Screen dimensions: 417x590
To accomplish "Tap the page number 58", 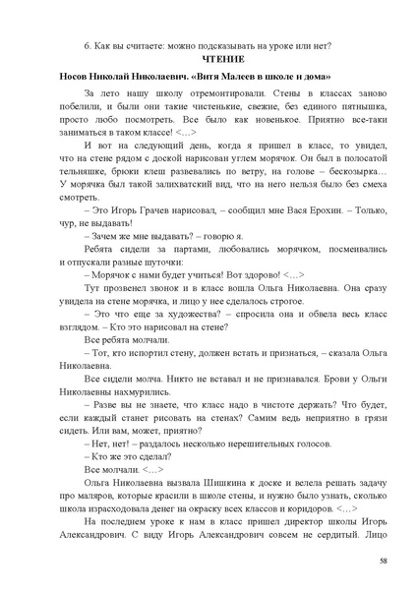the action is click(x=383, y=561).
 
